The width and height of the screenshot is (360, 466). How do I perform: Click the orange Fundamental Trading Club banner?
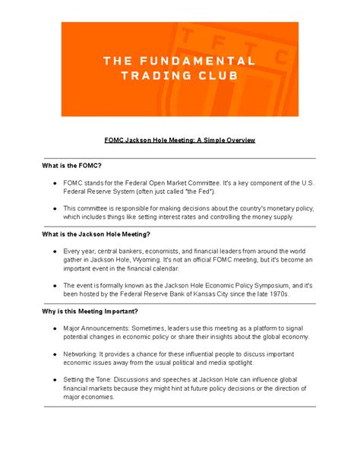[179, 69]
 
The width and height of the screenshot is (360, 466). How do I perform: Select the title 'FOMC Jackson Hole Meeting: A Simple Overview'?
[180, 141]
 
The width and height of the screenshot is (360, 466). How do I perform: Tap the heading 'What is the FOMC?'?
[73, 165]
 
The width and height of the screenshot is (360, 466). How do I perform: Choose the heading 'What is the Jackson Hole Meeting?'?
[96, 234]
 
